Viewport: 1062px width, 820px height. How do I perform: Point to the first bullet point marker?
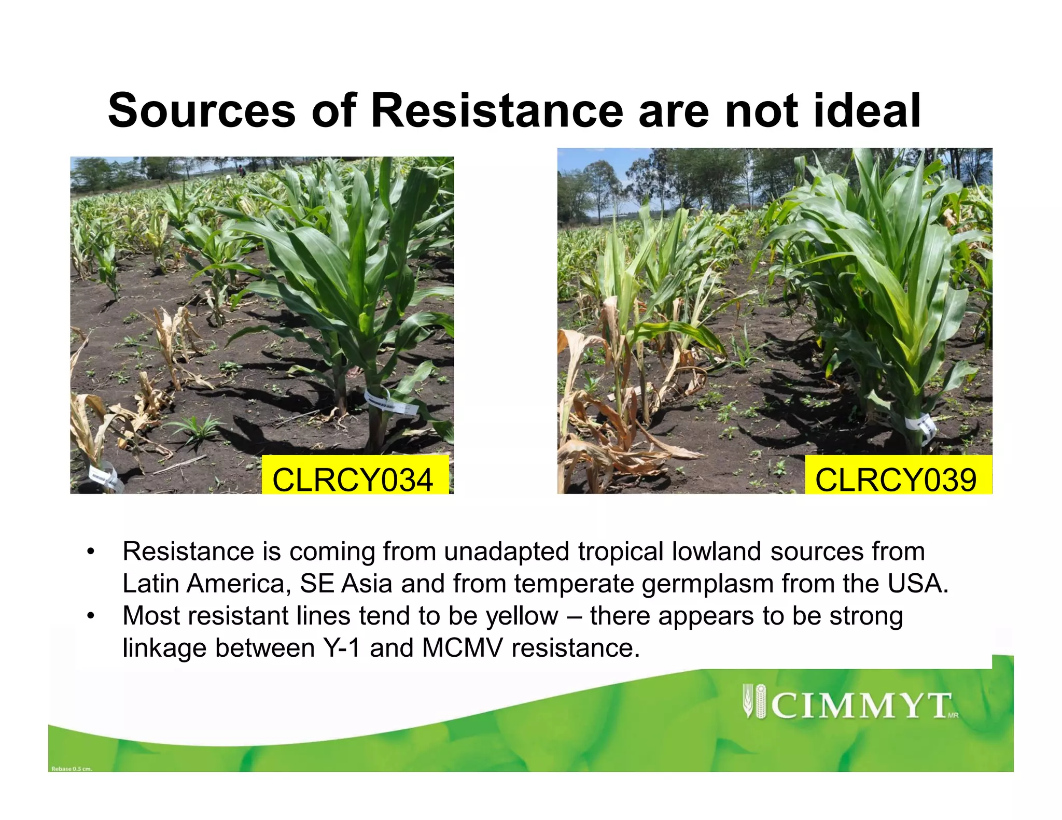[x=91, y=552]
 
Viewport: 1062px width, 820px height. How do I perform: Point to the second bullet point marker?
[x=91, y=616]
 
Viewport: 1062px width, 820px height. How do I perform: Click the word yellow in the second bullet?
[x=522, y=616]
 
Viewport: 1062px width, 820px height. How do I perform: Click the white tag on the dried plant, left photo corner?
[x=105, y=476]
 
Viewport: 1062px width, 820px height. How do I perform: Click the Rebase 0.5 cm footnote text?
[x=72, y=769]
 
